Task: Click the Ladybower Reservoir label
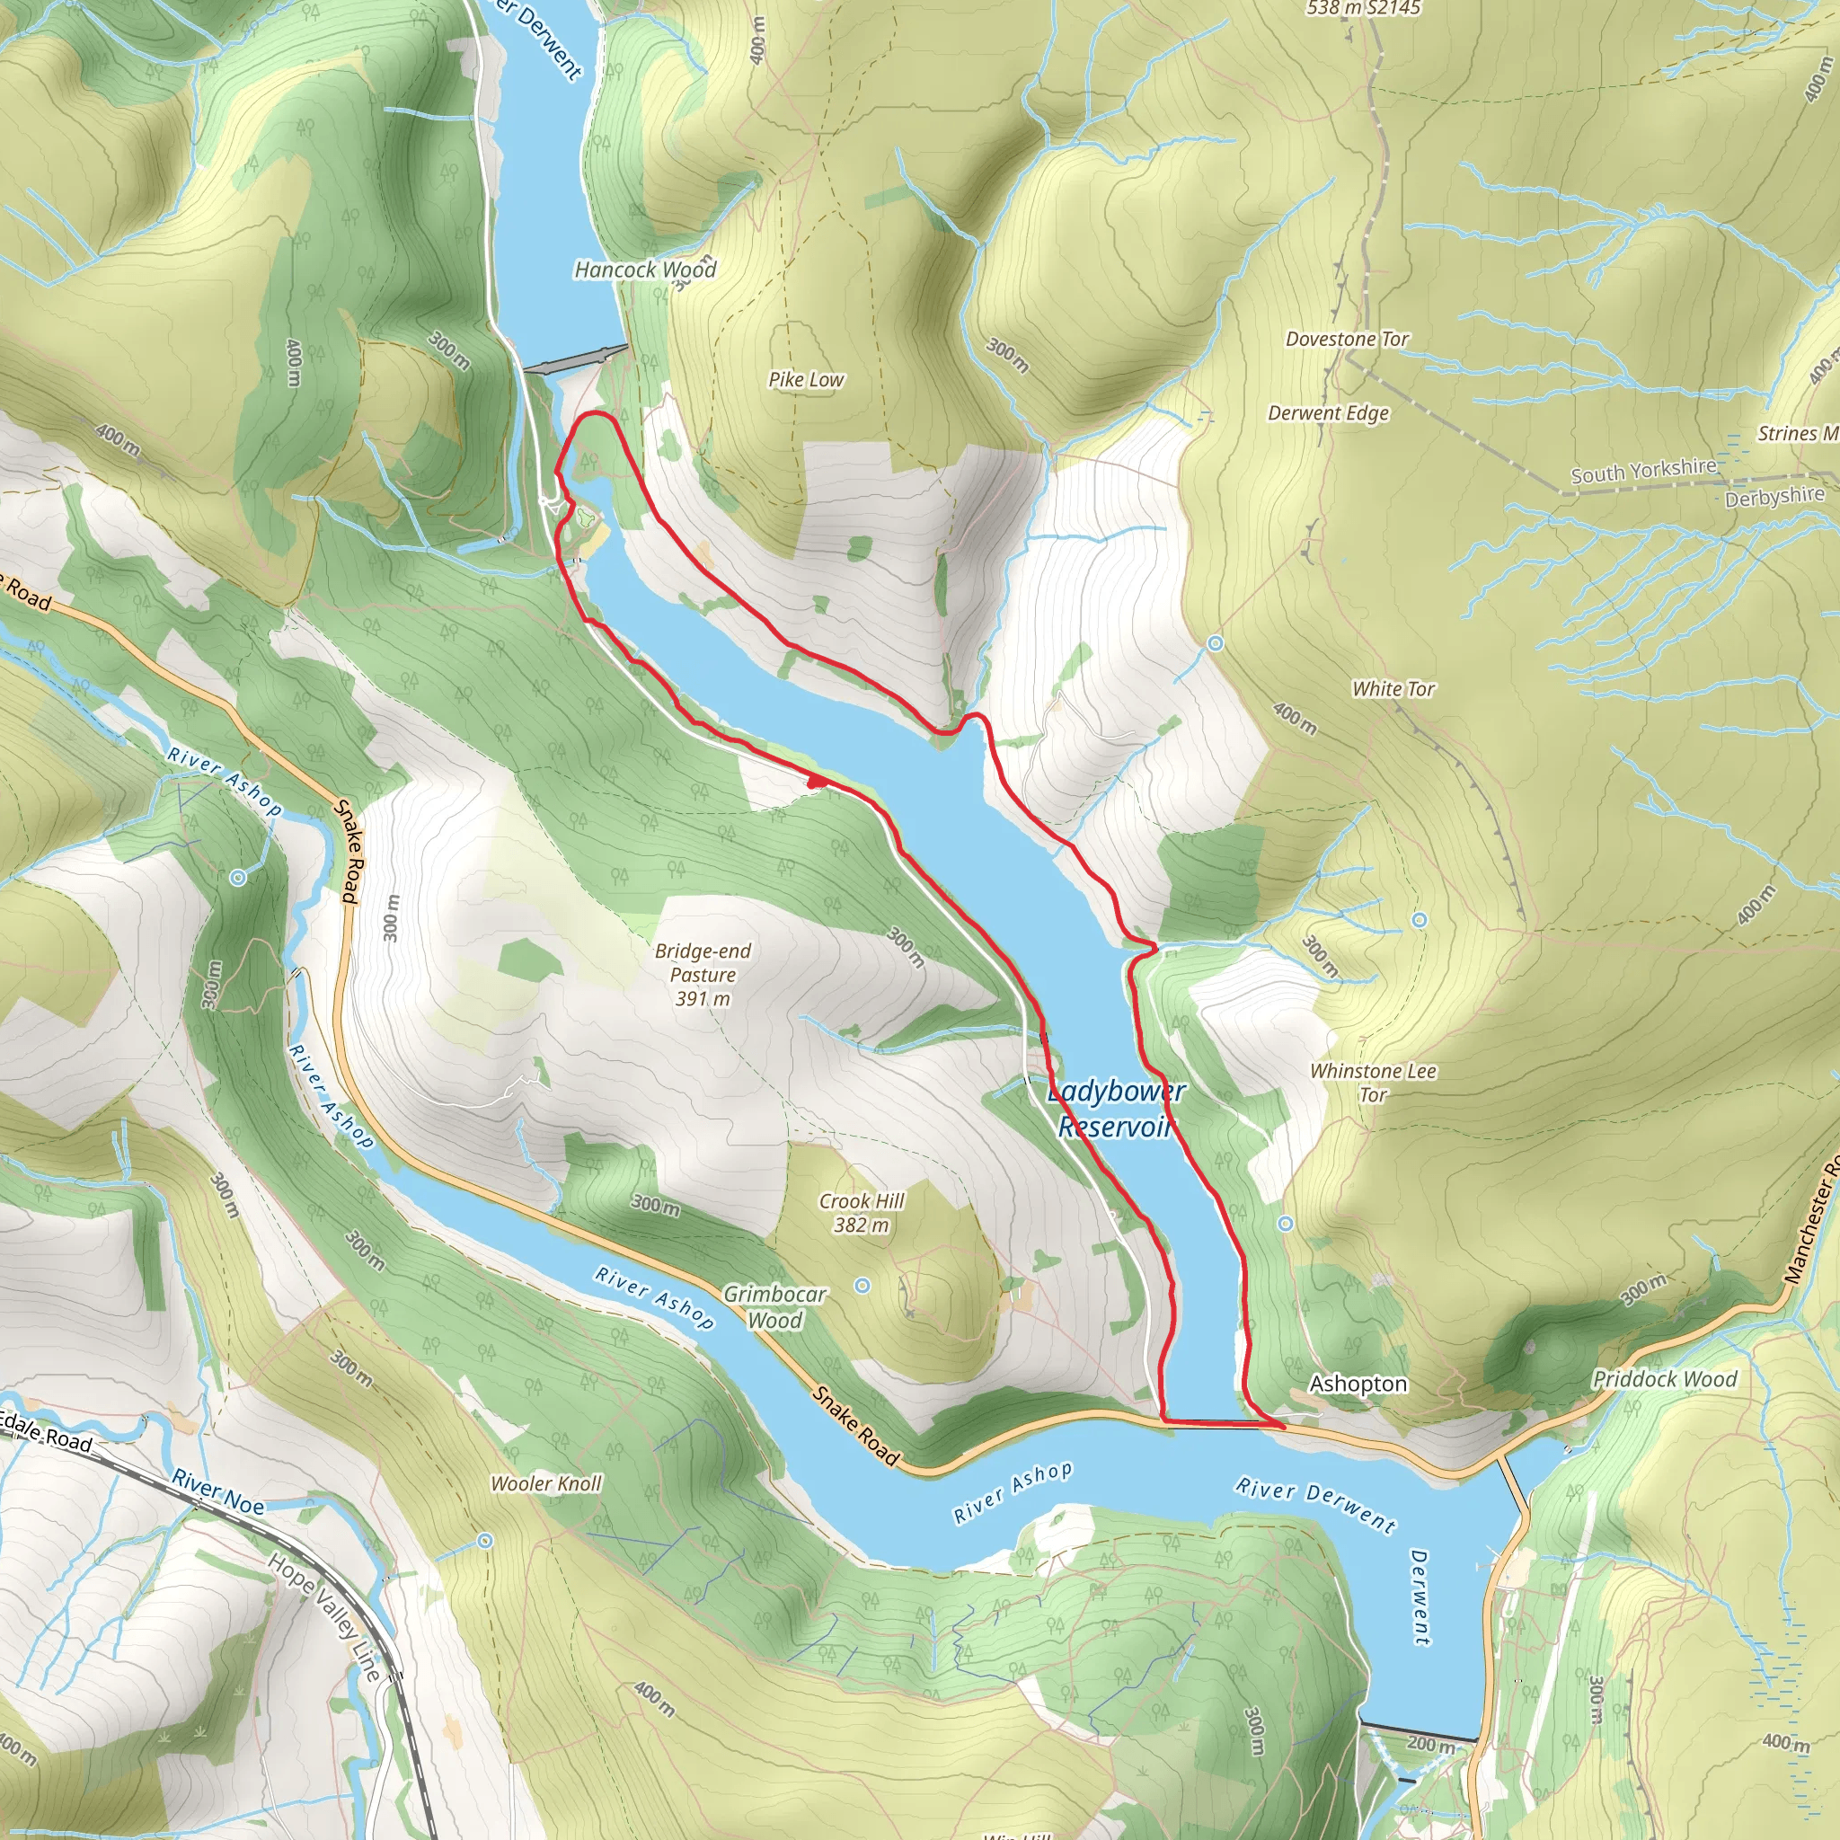click(1114, 1110)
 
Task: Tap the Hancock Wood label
click(645, 270)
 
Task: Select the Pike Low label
click(806, 380)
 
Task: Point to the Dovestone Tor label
click(1346, 339)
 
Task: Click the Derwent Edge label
click(1328, 413)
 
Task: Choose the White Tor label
click(1393, 688)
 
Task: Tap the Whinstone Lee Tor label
click(1373, 1082)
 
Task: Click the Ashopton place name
click(1358, 1384)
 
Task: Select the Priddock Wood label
click(1665, 1379)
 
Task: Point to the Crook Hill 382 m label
click(861, 1212)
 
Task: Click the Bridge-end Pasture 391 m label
click(703, 974)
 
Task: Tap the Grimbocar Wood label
click(774, 1306)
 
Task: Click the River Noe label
click(218, 1492)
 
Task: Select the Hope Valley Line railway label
click(323, 1617)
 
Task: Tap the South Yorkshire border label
click(1643, 471)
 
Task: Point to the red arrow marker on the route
click(816, 781)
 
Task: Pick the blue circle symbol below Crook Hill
click(862, 1286)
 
